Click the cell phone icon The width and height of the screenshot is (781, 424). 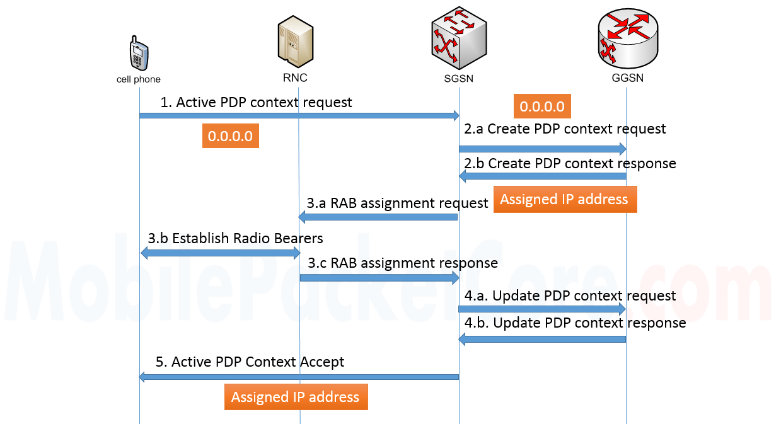tap(139, 54)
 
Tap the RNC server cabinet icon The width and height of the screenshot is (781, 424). tap(295, 42)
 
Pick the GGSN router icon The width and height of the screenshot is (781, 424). tap(627, 40)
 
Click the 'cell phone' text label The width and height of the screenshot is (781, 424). tap(139, 79)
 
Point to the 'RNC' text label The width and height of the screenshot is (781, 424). tap(295, 78)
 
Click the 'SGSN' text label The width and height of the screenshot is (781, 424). tap(458, 79)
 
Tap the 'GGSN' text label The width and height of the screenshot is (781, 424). tap(627, 79)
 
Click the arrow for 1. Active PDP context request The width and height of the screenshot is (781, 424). tap(299, 115)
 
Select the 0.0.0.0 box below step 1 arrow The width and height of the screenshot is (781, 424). tap(230, 136)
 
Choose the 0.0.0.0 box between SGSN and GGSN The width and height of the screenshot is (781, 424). tap(542, 106)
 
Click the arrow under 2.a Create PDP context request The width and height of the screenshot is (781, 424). tap(542, 149)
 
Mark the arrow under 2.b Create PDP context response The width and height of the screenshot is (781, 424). tap(542, 177)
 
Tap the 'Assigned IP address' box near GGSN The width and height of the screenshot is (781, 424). tap(564, 200)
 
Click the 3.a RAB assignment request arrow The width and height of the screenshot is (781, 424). tap(378, 217)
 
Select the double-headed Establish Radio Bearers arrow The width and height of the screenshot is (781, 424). tap(219, 253)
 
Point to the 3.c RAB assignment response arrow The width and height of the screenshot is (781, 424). tap(378, 277)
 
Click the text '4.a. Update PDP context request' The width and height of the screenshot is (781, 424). tap(570, 295)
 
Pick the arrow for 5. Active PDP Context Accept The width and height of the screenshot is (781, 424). tap(299, 377)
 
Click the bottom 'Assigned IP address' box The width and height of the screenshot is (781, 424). tap(296, 398)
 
